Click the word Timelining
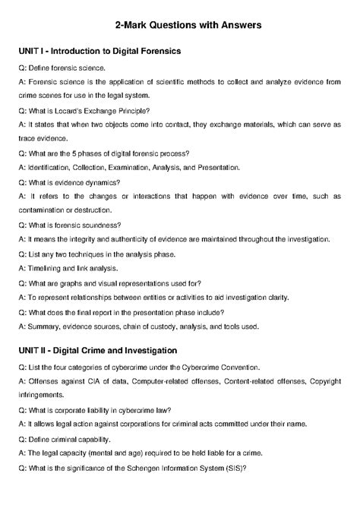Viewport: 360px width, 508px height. pos(47,268)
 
